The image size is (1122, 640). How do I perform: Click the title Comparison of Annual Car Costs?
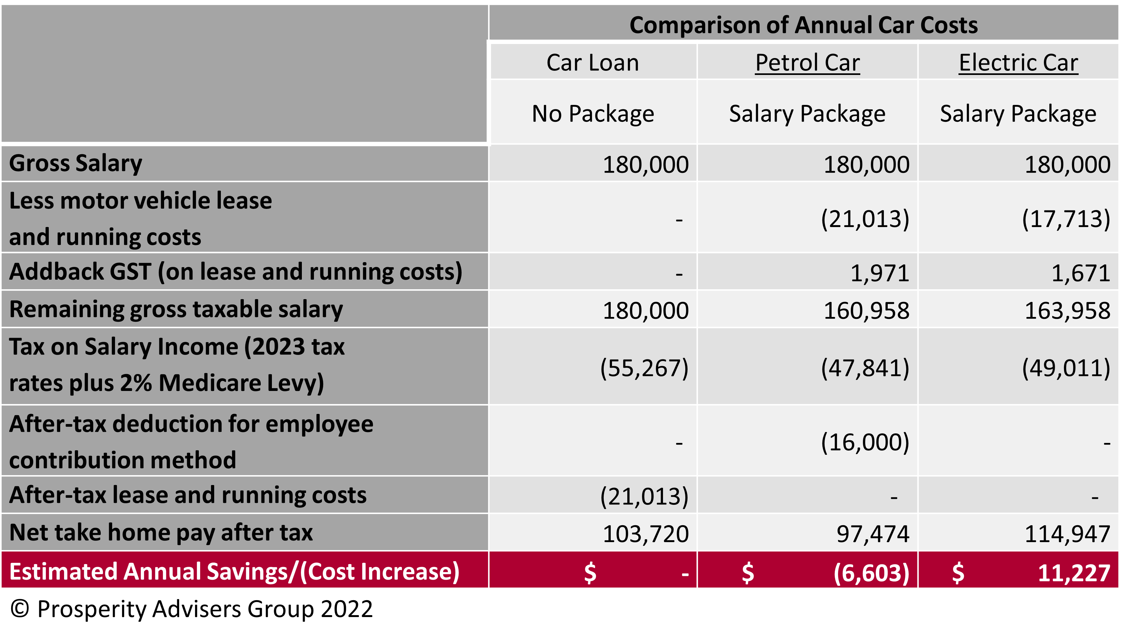(x=804, y=25)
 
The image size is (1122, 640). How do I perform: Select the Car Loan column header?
(x=593, y=63)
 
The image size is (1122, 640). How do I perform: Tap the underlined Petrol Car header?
(x=807, y=63)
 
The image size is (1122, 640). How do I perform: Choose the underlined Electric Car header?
(x=1018, y=63)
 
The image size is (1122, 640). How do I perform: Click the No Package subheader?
(x=593, y=114)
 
